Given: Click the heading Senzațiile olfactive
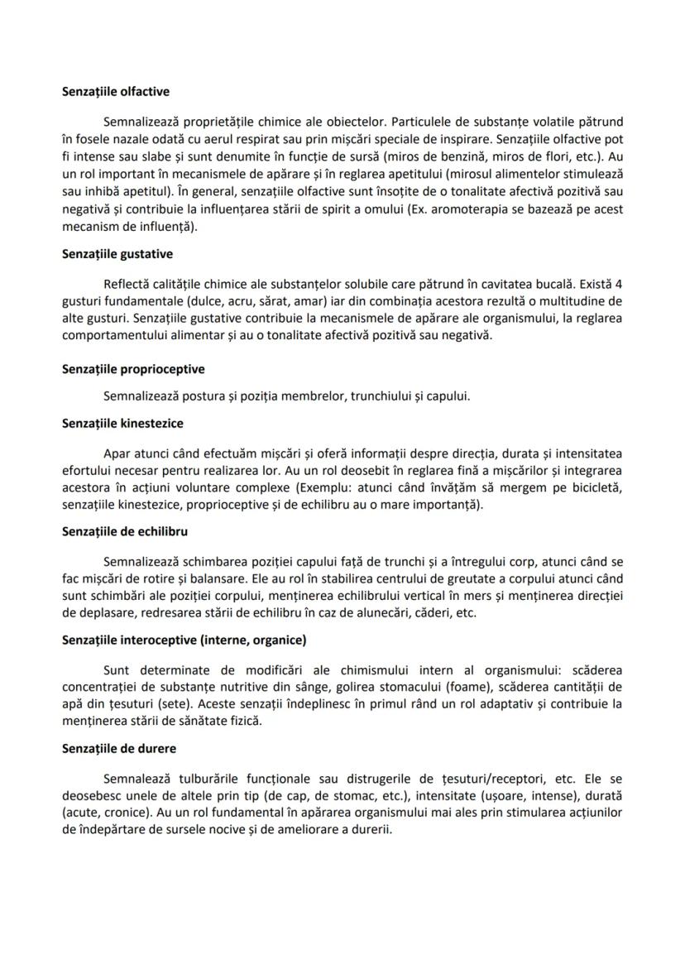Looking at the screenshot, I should [116, 92].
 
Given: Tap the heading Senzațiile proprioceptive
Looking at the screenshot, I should [133, 368].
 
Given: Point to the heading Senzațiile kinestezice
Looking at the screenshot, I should [122, 423].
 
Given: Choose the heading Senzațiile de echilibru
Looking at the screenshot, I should [124, 530].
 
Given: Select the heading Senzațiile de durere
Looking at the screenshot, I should [118, 748].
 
